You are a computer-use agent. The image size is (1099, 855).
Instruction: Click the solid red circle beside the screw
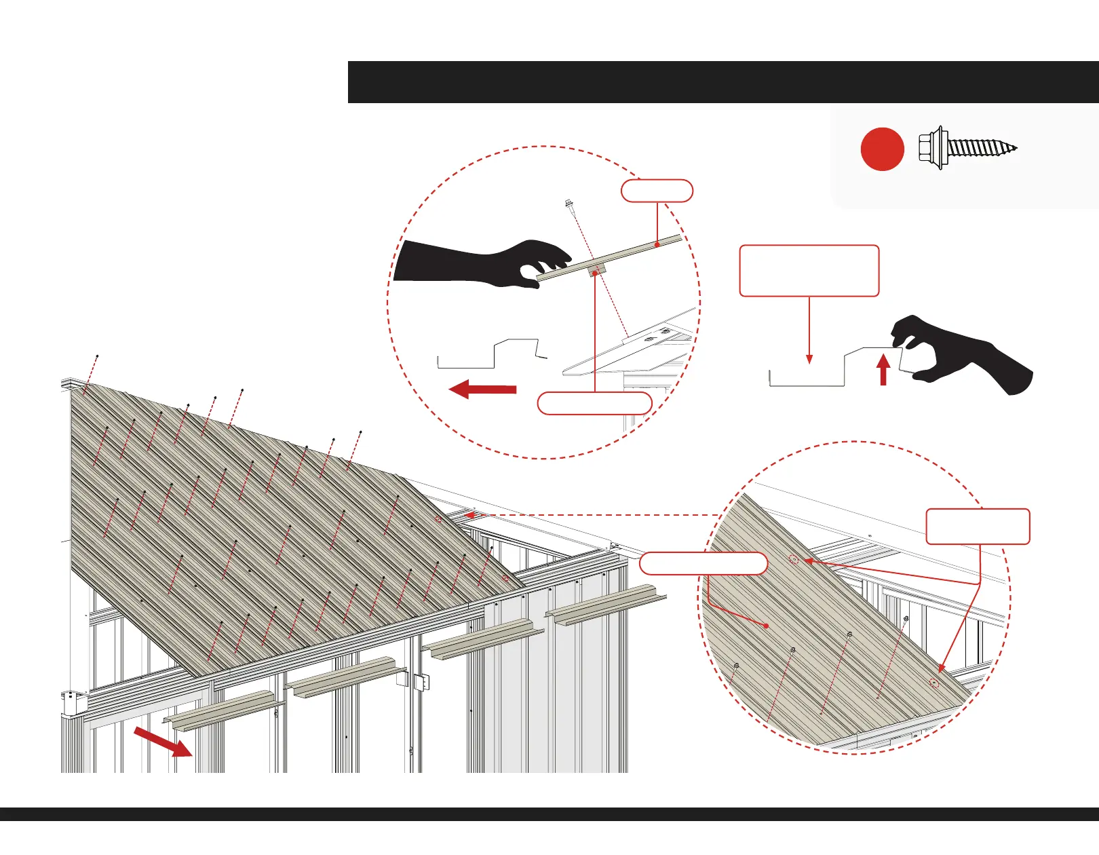pyautogui.click(x=882, y=149)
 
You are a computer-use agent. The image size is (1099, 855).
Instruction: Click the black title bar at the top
pyautogui.click(x=722, y=82)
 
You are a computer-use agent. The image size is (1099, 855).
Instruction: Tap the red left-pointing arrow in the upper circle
pyautogui.click(x=483, y=389)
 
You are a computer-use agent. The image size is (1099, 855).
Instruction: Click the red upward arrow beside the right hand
pyautogui.click(x=883, y=370)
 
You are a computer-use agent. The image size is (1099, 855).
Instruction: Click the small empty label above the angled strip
pyautogui.click(x=657, y=191)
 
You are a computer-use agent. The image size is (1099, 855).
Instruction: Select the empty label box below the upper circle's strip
pyautogui.click(x=594, y=403)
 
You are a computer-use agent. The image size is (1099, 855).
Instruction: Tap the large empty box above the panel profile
pyautogui.click(x=809, y=271)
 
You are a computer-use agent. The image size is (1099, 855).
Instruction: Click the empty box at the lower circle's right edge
pyautogui.click(x=978, y=526)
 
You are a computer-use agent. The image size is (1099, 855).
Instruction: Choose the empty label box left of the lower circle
pyautogui.click(x=703, y=563)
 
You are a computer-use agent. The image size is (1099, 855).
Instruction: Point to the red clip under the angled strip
pyautogui.click(x=596, y=271)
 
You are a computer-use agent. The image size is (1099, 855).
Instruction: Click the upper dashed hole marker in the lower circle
pyautogui.click(x=793, y=560)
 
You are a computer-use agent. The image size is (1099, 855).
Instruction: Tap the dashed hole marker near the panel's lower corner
pyautogui.click(x=934, y=683)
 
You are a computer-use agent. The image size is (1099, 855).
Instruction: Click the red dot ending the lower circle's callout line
pyautogui.click(x=766, y=626)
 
